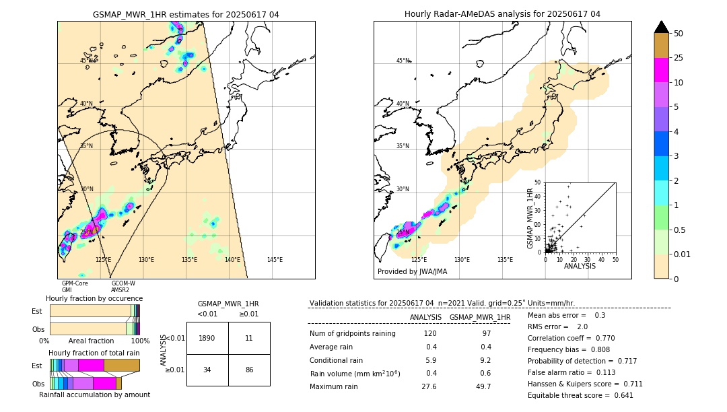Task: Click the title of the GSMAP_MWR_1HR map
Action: [186, 14]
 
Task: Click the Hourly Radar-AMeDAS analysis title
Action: [502, 14]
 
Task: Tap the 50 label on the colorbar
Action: [679, 33]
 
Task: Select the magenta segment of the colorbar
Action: [662, 70]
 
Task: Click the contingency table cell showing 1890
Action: [207, 338]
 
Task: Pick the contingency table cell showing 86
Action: [249, 370]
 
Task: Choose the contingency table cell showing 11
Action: [249, 338]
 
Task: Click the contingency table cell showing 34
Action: [207, 370]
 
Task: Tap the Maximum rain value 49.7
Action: [483, 386]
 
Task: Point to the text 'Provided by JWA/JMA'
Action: [412, 272]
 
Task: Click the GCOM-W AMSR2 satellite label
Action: [123, 287]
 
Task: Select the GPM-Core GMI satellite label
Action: [75, 287]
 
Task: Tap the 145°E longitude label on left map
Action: [275, 260]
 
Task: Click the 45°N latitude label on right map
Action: [403, 61]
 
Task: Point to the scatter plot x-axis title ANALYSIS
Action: [580, 267]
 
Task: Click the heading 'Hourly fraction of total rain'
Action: [94, 353]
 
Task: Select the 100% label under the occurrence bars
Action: [140, 341]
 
